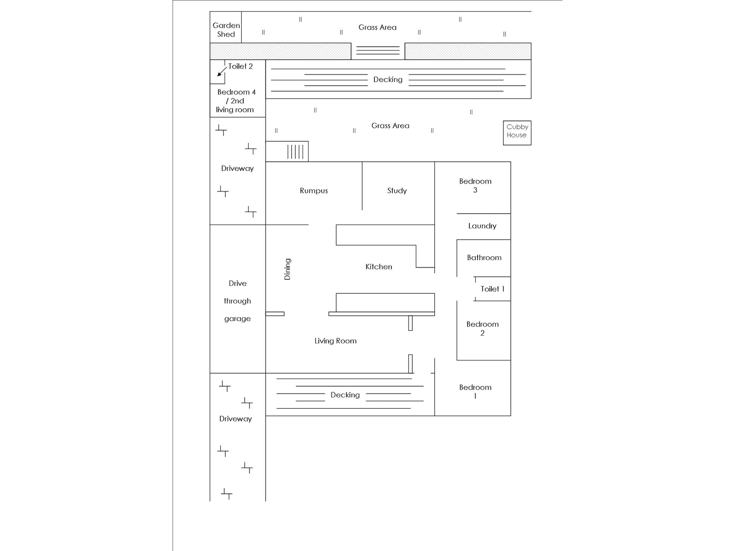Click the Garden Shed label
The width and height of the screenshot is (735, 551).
(226, 30)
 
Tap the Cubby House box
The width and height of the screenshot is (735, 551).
(517, 133)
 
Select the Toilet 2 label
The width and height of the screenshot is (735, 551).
(240, 66)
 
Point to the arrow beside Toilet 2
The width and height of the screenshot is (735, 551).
(222, 72)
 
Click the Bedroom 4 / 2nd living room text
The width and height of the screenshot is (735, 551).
(236, 101)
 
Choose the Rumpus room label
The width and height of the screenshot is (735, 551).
(313, 190)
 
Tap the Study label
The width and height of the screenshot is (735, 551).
(397, 190)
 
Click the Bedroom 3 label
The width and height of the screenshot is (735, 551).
(475, 186)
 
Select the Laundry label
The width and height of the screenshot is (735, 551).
(482, 226)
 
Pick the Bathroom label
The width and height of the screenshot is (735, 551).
(484, 258)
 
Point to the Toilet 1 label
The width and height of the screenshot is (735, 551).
(492, 289)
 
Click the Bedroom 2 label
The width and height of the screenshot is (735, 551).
(482, 328)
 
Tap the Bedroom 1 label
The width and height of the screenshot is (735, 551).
(475, 392)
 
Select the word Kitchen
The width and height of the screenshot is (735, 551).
(379, 266)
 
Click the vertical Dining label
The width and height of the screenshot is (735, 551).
(288, 269)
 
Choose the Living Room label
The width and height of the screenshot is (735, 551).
(335, 341)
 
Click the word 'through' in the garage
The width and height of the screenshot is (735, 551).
(237, 301)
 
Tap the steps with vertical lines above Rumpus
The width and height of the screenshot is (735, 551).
(295, 152)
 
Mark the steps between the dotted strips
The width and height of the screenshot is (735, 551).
(378, 50)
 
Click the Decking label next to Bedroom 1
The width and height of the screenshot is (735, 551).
(345, 395)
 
